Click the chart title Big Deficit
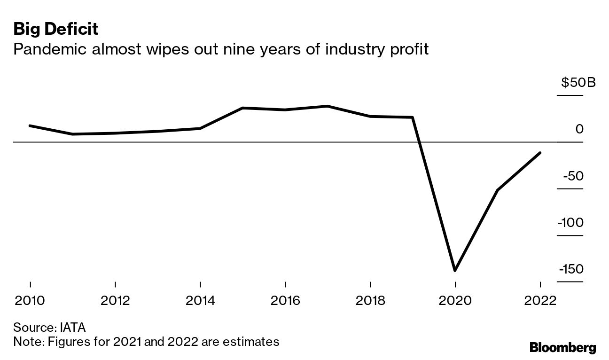click(x=55, y=29)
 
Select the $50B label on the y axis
click(x=578, y=83)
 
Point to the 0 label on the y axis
click(x=579, y=129)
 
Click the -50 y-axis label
click(x=573, y=176)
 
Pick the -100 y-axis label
click(x=570, y=222)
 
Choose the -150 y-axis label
click(x=570, y=269)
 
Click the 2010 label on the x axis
click(x=31, y=300)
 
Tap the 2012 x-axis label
click(x=116, y=300)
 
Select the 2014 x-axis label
click(x=201, y=300)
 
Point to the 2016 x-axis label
click(x=285, y=300)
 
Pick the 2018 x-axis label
click(x=370, y=300)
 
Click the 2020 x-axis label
click(x=455, y=300)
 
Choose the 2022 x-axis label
click(x=540, y=300)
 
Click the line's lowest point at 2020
click(x=455, y=270)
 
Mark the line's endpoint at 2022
click(x=540, y=153)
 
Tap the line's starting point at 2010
click(x=31, y=125)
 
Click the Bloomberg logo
click(x=562, y=348)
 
